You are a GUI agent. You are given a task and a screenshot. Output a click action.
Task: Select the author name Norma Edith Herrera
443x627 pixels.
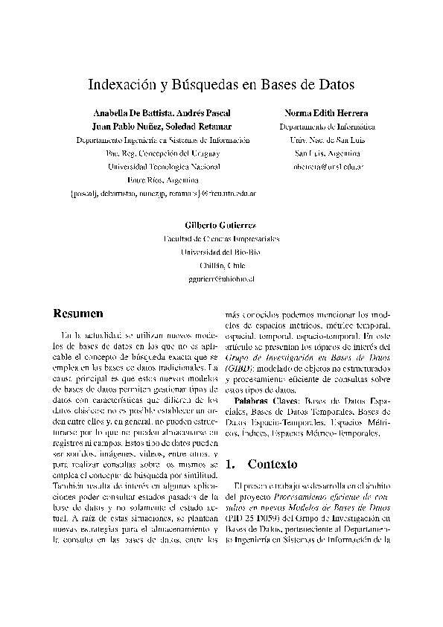click(326, 113)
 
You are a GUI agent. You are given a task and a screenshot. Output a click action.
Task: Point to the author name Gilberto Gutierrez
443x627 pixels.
click(221, 225)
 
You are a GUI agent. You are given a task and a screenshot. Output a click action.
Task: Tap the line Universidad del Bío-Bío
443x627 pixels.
click(221, 252)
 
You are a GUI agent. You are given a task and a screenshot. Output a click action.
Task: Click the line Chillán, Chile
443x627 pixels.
click(221, 265)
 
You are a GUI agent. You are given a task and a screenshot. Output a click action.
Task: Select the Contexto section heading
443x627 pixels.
click(273, 464)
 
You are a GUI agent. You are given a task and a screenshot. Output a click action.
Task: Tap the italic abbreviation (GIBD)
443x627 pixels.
click(240, 369)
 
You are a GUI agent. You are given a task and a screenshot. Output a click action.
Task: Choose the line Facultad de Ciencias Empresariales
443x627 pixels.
click(221, 238)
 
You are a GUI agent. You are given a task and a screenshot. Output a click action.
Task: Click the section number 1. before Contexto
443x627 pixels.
click(230, 464)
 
